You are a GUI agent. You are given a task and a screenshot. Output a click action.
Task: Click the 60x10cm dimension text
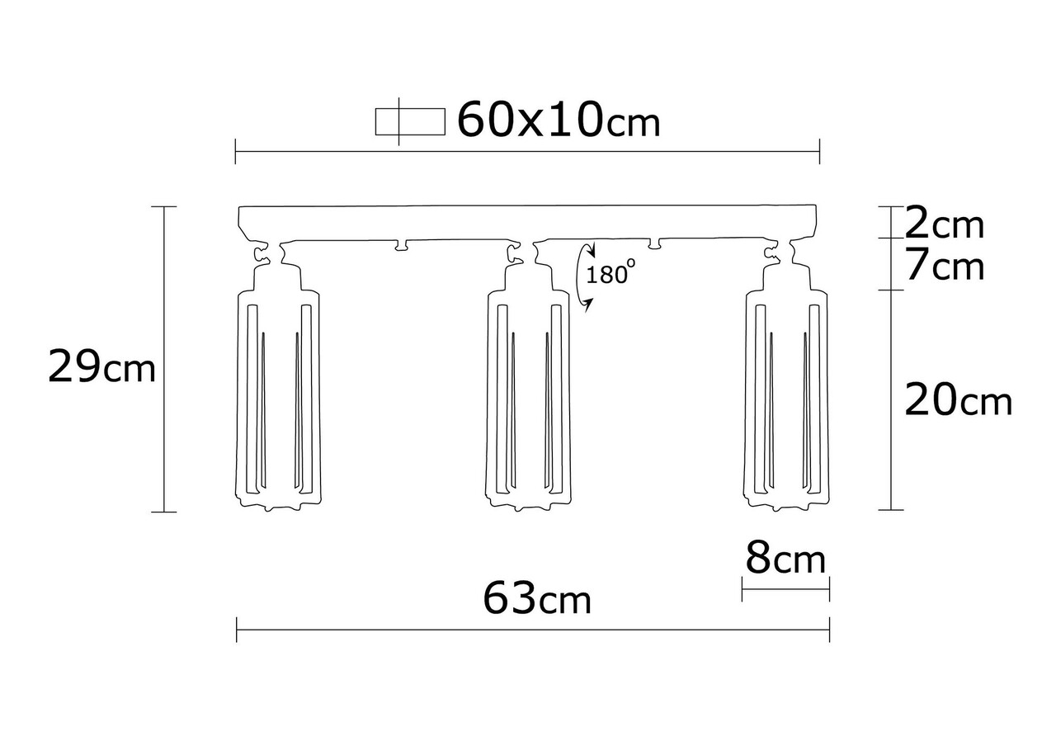click(x=559, y=120)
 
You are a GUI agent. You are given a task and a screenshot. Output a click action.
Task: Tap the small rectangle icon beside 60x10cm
click(x=410, y=121)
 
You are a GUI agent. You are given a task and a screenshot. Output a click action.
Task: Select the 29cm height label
click(x=101, y=366)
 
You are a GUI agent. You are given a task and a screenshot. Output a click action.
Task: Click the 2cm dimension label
click(x=945, y=225)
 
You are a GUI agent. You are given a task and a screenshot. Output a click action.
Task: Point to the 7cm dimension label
click(x=945, y=266)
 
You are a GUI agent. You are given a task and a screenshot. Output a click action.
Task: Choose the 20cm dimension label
click(x=958, y=400)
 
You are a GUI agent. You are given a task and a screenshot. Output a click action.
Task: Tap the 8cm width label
click(x=785, y=559)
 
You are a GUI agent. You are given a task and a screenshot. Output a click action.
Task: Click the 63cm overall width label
click(x=537, y=599)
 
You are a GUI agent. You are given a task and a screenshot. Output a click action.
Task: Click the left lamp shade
click(x=278, y=401)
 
